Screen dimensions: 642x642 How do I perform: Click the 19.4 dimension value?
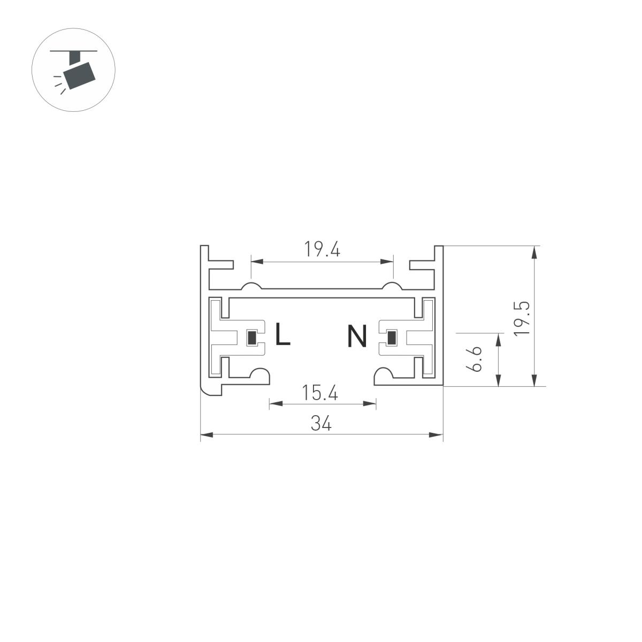(x=322, y=249)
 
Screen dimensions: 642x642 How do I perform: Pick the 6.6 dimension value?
(x=473, y=358)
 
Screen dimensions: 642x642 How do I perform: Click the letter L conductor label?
(x=282, y=335)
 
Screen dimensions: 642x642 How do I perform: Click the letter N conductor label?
(x=357, y=336)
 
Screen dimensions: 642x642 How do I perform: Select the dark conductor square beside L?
(x=251, y=338)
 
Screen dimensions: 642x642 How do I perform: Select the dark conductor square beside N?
(x=392, y=338)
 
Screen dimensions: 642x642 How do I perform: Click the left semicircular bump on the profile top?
(x=250, y=285)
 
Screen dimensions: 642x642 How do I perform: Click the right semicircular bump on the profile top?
(x=392, y=285)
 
